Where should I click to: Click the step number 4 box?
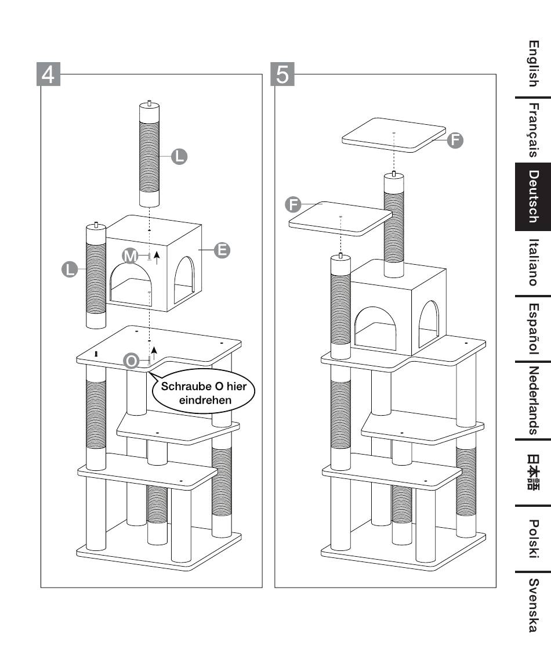click(x=48, y=74)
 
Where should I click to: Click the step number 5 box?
click(x=282, y=74)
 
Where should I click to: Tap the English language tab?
click(x=534, y=64)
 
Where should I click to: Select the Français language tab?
click(x=534, y=130)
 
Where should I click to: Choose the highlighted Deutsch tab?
click(x=533, y=197)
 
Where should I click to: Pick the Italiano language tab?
click(x=534, y=262)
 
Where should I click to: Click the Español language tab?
click(x=534, y=329)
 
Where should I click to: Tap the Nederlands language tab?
click(x=534, y=401)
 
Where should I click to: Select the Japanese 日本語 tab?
click(x=534, y=472)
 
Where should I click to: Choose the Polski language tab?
click(x=534, y=538)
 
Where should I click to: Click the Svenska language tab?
click(x=534, y=605)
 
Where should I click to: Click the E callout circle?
click(x=222, y=250)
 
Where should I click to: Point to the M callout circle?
click(x=130, y=256)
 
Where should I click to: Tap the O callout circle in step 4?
click(x=132, y=361)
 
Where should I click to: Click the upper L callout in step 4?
click(x=179, y=156)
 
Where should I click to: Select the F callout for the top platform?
click(x=455, y=140)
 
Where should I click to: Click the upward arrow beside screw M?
click(x=157, y=258)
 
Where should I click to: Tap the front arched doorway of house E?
click(x=131, y=284)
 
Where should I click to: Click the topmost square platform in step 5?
click(x=394, y=135)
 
